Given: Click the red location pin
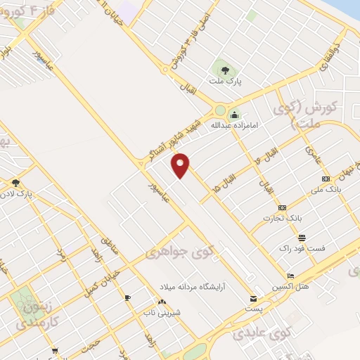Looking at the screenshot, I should point(181,165).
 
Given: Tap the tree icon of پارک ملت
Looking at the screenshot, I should point(224,70).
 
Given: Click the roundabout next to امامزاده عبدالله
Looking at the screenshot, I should point(221,110).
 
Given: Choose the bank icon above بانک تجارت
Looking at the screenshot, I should point(283,207).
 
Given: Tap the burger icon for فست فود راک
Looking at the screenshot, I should point(302,238).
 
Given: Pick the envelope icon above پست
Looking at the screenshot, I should point(255,297).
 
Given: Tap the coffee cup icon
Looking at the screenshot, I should point(128,298).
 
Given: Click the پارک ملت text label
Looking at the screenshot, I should point(228,82).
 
